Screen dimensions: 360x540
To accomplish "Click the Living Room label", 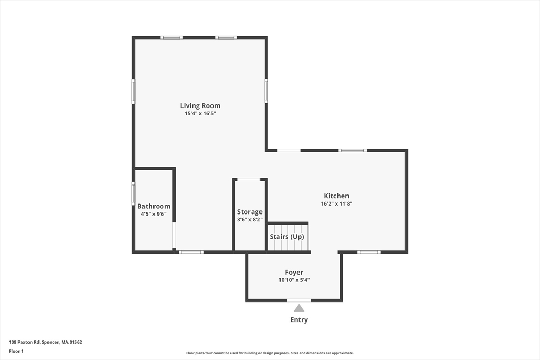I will (200, 106).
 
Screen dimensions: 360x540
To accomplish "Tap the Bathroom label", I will (153, 207).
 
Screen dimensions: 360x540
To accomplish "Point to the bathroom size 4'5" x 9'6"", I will (153, 214).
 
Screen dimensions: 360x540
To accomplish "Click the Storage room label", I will (249, 212).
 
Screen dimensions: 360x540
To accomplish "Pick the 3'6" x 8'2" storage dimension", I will (249, 219).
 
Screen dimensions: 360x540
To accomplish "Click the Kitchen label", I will (336, 196).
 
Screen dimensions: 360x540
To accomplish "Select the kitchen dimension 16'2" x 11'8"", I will (336, 203).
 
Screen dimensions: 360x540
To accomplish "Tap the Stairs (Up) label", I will (287, 237).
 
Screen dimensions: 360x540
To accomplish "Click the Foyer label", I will (294, 273).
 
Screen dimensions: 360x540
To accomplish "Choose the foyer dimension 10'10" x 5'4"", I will (294, 280).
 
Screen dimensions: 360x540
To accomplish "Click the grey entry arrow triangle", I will (299, 308).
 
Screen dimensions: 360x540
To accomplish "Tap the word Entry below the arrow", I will (299, 320).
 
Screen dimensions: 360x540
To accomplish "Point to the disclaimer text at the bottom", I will (269, 353).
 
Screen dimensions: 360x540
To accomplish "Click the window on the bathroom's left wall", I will (133, 193).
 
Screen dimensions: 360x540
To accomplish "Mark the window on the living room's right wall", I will (266, 91).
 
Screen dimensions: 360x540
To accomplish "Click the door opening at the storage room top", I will (249, 180).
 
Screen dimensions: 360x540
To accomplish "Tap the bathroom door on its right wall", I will (174, 235).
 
